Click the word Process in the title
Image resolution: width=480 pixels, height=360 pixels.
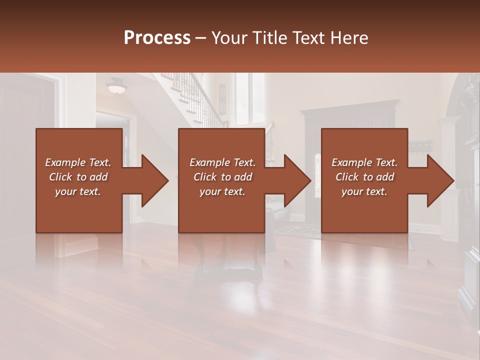click(x=157, y=38)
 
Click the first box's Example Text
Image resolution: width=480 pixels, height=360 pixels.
click(x=78, y=162)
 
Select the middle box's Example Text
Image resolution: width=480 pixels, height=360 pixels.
click(x=222, y=162)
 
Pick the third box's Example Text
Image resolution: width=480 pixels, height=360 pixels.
click(x=364, y=162)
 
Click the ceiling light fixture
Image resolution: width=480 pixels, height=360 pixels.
click(x=116, y=87)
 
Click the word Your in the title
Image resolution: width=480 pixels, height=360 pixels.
click(x=229, y=38)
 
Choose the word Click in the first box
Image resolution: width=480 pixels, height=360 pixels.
click(x=61, y=177)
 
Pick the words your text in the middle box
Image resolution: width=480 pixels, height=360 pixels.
click(x=222, y=191)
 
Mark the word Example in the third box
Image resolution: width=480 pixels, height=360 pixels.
click(x=349, y=162)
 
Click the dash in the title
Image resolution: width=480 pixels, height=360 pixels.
click(x=200, y=38)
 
